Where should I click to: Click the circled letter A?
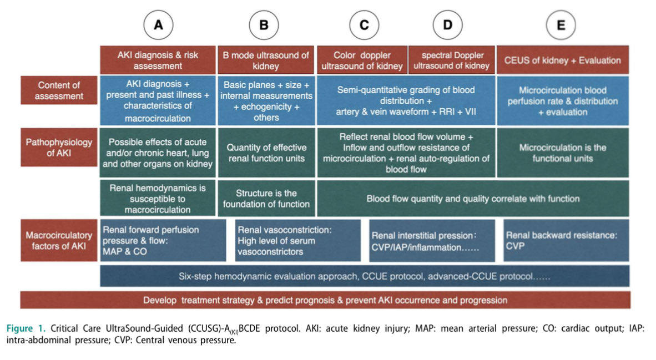click(x=158, y=26)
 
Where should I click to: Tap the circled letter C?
click(x=364, y=26)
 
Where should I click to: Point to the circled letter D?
click(x=448, y=26)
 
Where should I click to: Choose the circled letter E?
click(x=561, y=26)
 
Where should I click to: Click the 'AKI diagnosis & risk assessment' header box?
click(x=158, y=60)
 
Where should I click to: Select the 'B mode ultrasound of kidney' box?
click(x=266, y=60)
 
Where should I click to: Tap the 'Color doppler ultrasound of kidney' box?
click(x=362, y=60)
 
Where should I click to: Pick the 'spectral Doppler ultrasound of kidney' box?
click(x=452, y=60)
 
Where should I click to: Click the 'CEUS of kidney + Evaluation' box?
click(x=562, y=60)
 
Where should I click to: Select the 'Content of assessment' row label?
click(x=59, y=90)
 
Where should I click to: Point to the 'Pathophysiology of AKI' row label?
click(x=59, y=147)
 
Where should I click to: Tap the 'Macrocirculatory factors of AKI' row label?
click(x=59, y=240)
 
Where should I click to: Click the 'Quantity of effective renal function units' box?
click(x=266, y=153)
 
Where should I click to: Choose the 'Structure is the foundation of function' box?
click(x=266, y=199)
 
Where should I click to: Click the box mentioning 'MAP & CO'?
click(x=163, y=240)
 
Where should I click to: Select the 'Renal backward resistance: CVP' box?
click(x=566, y=240)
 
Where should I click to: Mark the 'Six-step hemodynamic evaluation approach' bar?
click(x=365, y=276)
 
